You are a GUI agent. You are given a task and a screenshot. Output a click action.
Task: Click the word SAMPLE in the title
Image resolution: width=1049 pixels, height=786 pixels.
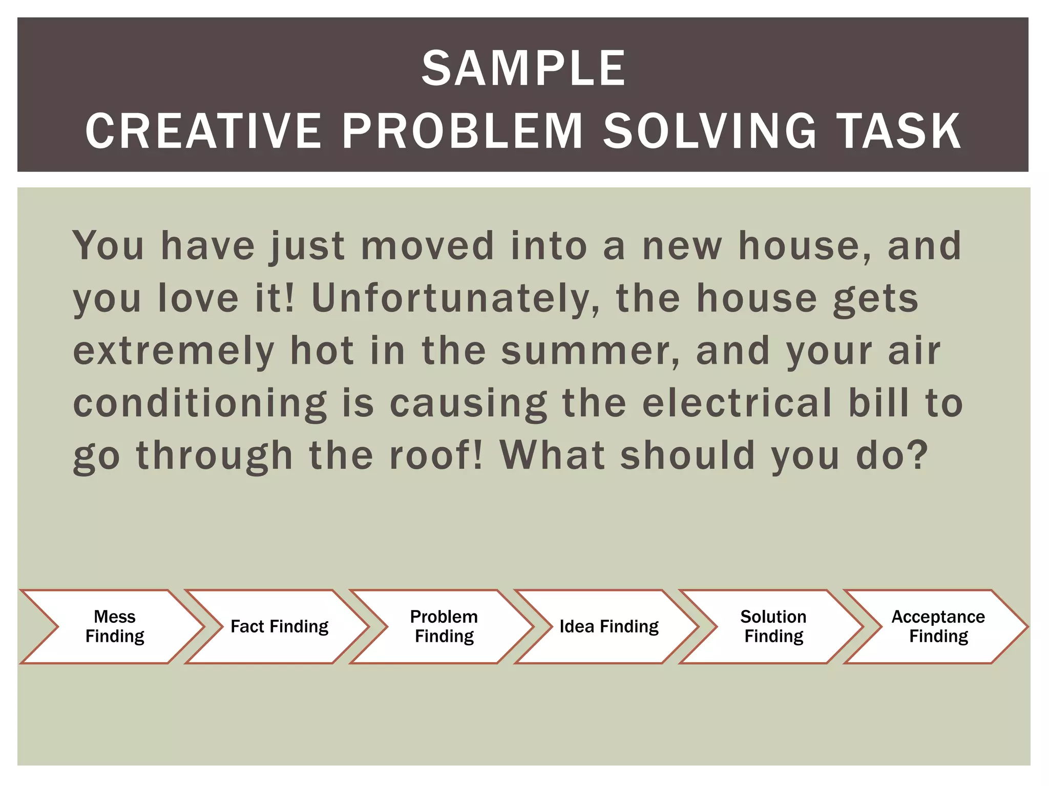(x=523, y=69)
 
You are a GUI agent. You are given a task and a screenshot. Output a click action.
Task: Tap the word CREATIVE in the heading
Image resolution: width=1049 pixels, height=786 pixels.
(x=203, y=132)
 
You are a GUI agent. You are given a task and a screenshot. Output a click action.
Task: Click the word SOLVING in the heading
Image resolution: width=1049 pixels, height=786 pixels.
(x=710, y=132)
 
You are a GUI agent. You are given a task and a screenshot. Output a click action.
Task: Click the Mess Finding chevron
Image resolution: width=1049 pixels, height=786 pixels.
(x=114, y=626)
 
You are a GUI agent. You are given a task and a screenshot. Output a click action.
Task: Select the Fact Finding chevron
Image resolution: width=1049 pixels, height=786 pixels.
(x=279, y=626)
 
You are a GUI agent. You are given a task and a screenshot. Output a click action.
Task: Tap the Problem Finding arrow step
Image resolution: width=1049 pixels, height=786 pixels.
(x=444, y=626)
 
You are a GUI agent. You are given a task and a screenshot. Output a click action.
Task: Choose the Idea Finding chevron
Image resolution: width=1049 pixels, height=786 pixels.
(x=609, y=626)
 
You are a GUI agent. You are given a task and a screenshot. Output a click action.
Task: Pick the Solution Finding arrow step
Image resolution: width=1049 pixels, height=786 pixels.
(x=773, y=626)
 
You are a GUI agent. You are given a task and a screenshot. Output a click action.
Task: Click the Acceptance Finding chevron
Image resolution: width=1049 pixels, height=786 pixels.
(x=938, y=626)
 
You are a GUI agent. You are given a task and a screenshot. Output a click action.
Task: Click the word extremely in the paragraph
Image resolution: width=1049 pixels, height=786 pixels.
(x=174, y=352)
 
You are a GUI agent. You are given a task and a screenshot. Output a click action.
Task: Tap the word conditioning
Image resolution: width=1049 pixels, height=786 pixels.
(x=200, y=404)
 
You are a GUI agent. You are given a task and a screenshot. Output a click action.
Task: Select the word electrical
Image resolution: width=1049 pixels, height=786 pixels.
(x=737, y=403)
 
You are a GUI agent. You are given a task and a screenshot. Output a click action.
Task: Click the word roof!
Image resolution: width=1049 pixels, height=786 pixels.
(x=436, y=455)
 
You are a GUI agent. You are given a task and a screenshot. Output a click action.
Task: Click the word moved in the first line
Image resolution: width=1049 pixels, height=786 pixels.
(x=428, y=247)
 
